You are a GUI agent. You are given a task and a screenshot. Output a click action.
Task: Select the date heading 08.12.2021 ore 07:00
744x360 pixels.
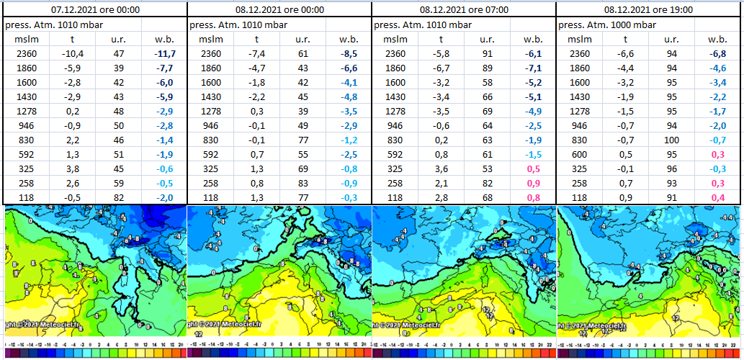pyautogui.click(x=463, y=10)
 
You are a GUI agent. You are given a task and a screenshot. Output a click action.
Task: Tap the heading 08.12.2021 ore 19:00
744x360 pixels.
pyautogui.click(x=648, y=10)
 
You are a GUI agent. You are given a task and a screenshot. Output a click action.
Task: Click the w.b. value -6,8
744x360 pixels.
pyautogui.click(x=718, y=53)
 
